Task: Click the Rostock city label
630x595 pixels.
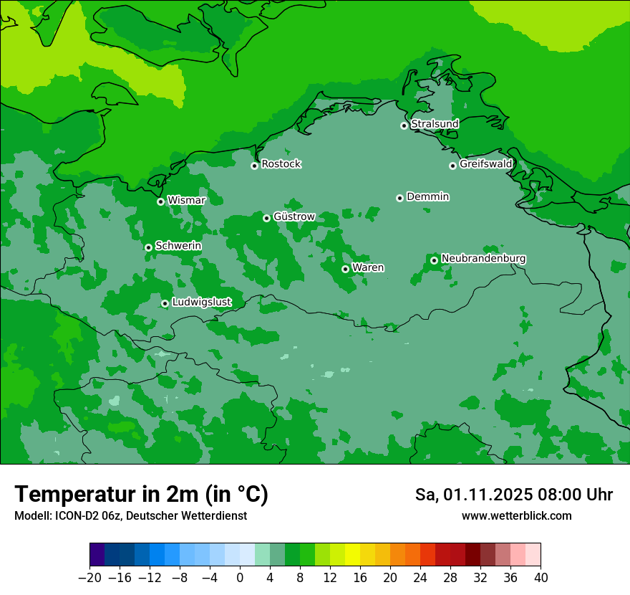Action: tap(281, 164)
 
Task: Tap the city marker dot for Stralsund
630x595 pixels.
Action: tap(404, 125)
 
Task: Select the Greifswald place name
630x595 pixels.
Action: tap(485, 164)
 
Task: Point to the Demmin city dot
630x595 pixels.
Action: tap(399, 198)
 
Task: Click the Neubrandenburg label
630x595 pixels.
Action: tap(483, 259)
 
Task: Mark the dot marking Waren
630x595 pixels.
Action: tap(345, 269)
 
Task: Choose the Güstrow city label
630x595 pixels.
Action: tap(294, 216)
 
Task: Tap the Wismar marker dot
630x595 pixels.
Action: tap(160, 201)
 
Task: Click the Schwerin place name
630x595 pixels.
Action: tap(178, 246)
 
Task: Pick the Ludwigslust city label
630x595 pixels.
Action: tap(201, 303)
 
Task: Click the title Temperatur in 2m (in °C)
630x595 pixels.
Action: tap(141, 495)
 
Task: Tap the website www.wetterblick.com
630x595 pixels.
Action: tap(516, 516)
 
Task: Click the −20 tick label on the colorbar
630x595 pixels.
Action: tap(89, 578)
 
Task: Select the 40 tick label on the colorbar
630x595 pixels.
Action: tap(541, 578)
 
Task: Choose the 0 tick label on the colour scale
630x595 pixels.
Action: tap(240, 578)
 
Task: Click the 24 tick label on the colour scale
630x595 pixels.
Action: tap(420, 578)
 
